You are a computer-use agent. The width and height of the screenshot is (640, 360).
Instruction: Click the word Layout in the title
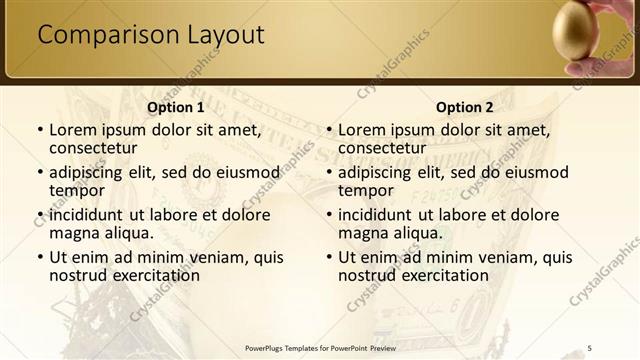[225, 36]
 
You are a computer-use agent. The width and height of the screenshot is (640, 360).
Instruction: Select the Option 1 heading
[175, 107]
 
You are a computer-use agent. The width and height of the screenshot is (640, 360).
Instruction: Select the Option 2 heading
[465, 107]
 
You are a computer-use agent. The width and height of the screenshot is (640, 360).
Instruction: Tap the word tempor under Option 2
[366, 190]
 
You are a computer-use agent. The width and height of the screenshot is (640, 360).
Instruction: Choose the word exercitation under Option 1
[155, 275]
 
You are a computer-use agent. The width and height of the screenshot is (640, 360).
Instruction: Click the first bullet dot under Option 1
[39, 130]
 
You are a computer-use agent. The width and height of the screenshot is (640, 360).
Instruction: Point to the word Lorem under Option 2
[362, 130]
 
